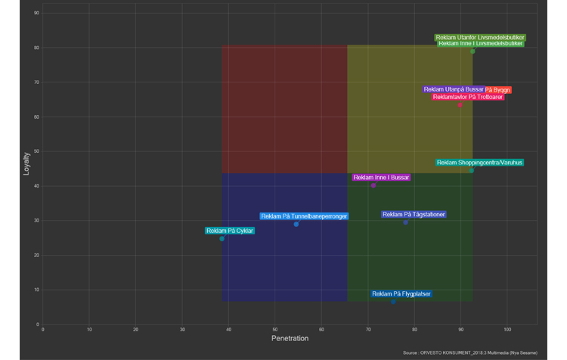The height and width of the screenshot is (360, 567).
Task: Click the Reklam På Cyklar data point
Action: [x=222, y=239]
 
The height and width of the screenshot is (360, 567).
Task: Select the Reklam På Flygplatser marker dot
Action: [x=393, y=302]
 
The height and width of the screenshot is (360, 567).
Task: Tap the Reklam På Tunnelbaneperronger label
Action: [x=304, y=216]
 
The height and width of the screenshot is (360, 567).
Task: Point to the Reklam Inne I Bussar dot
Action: [x=373, y=185]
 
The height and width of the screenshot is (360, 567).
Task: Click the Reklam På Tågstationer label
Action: [x=414, y=215]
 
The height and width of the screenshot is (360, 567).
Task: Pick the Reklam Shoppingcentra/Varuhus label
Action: [x=479, y=163]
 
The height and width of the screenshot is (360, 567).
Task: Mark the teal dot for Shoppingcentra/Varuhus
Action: [x=471, y=171]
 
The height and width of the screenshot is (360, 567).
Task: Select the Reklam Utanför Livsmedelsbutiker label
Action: [x=480, y=37]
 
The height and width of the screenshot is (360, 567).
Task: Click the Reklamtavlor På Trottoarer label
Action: [x=468, y=97]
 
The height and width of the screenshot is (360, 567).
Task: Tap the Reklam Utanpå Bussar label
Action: [x=454, y=89]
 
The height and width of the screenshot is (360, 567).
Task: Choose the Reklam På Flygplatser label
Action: [x=401, y=294]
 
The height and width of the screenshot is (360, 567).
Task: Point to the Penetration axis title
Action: [x=290, y=338]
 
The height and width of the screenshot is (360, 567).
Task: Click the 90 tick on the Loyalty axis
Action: [x=36, y=14]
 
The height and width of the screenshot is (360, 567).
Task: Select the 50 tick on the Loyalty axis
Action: [x=36, y=151]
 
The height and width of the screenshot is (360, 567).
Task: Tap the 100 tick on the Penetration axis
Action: [x=507, y=330]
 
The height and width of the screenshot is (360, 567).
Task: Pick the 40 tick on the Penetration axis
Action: [x=228, y=330]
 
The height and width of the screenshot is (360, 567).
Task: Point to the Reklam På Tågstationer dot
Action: [x=405, y=222]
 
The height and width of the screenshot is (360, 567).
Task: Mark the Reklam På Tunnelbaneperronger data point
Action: [x=296, y=224]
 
